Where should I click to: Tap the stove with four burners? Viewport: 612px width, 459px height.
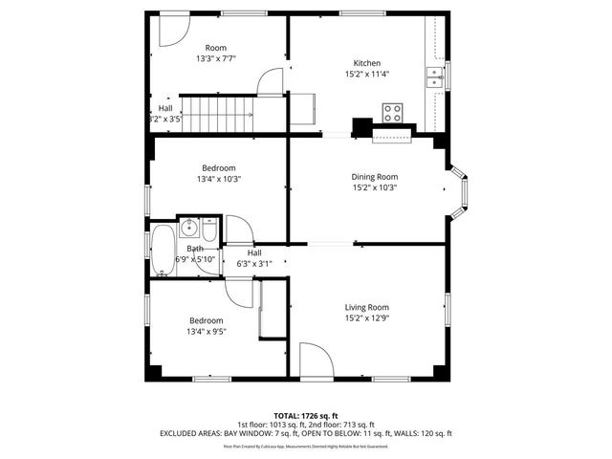(392, 113)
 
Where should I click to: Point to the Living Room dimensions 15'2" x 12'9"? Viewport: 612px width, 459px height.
(367, 319)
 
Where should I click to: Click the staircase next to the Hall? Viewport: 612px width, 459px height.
(220, 114)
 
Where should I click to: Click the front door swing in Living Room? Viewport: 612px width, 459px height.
(316, 361)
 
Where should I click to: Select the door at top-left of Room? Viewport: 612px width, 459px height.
(169, 31)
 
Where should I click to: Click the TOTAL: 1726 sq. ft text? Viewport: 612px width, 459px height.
(306, 415)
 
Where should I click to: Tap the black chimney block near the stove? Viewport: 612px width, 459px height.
(362, 127)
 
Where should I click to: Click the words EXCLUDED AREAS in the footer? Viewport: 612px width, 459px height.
(187, 433)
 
